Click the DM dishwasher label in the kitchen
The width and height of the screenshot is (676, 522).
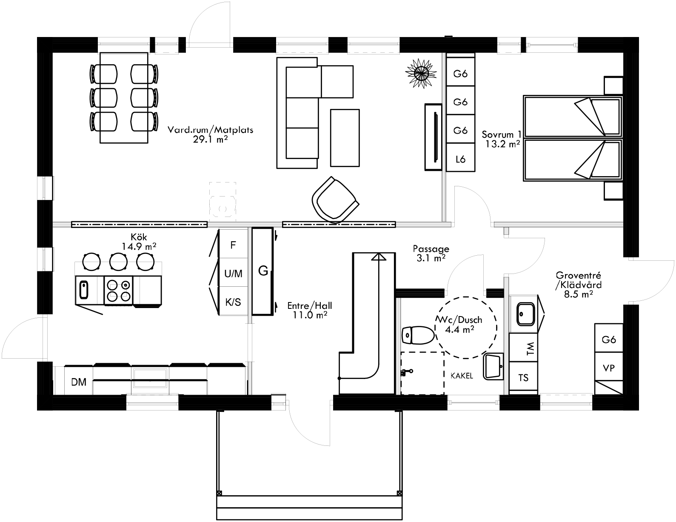[x=79, y=382]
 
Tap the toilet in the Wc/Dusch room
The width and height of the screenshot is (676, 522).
[x=417, y=335]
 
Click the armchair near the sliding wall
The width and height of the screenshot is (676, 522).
[x=335, y=200]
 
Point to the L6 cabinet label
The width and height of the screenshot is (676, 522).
[x=460, y=159]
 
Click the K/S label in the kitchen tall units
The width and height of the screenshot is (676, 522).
[x=233, y=302]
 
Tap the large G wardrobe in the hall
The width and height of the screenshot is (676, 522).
[x=263, y=271]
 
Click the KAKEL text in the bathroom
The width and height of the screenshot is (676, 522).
[x=462, y=376]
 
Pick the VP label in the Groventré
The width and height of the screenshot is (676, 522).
[x=609, y=368]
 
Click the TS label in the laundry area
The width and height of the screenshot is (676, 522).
[x=523, y=377]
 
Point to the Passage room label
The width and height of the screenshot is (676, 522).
[x=431, y=249]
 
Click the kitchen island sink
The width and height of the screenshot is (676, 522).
[x=84, y=290]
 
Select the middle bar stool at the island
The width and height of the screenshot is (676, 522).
[x=119, y=261]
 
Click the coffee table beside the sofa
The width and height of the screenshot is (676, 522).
[x=345, y=137]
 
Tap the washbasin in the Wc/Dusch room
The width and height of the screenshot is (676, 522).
[x=493, y=366]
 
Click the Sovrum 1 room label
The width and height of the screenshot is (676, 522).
[x=501, y=135]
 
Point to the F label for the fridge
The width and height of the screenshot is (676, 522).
[x=233, y=245]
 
